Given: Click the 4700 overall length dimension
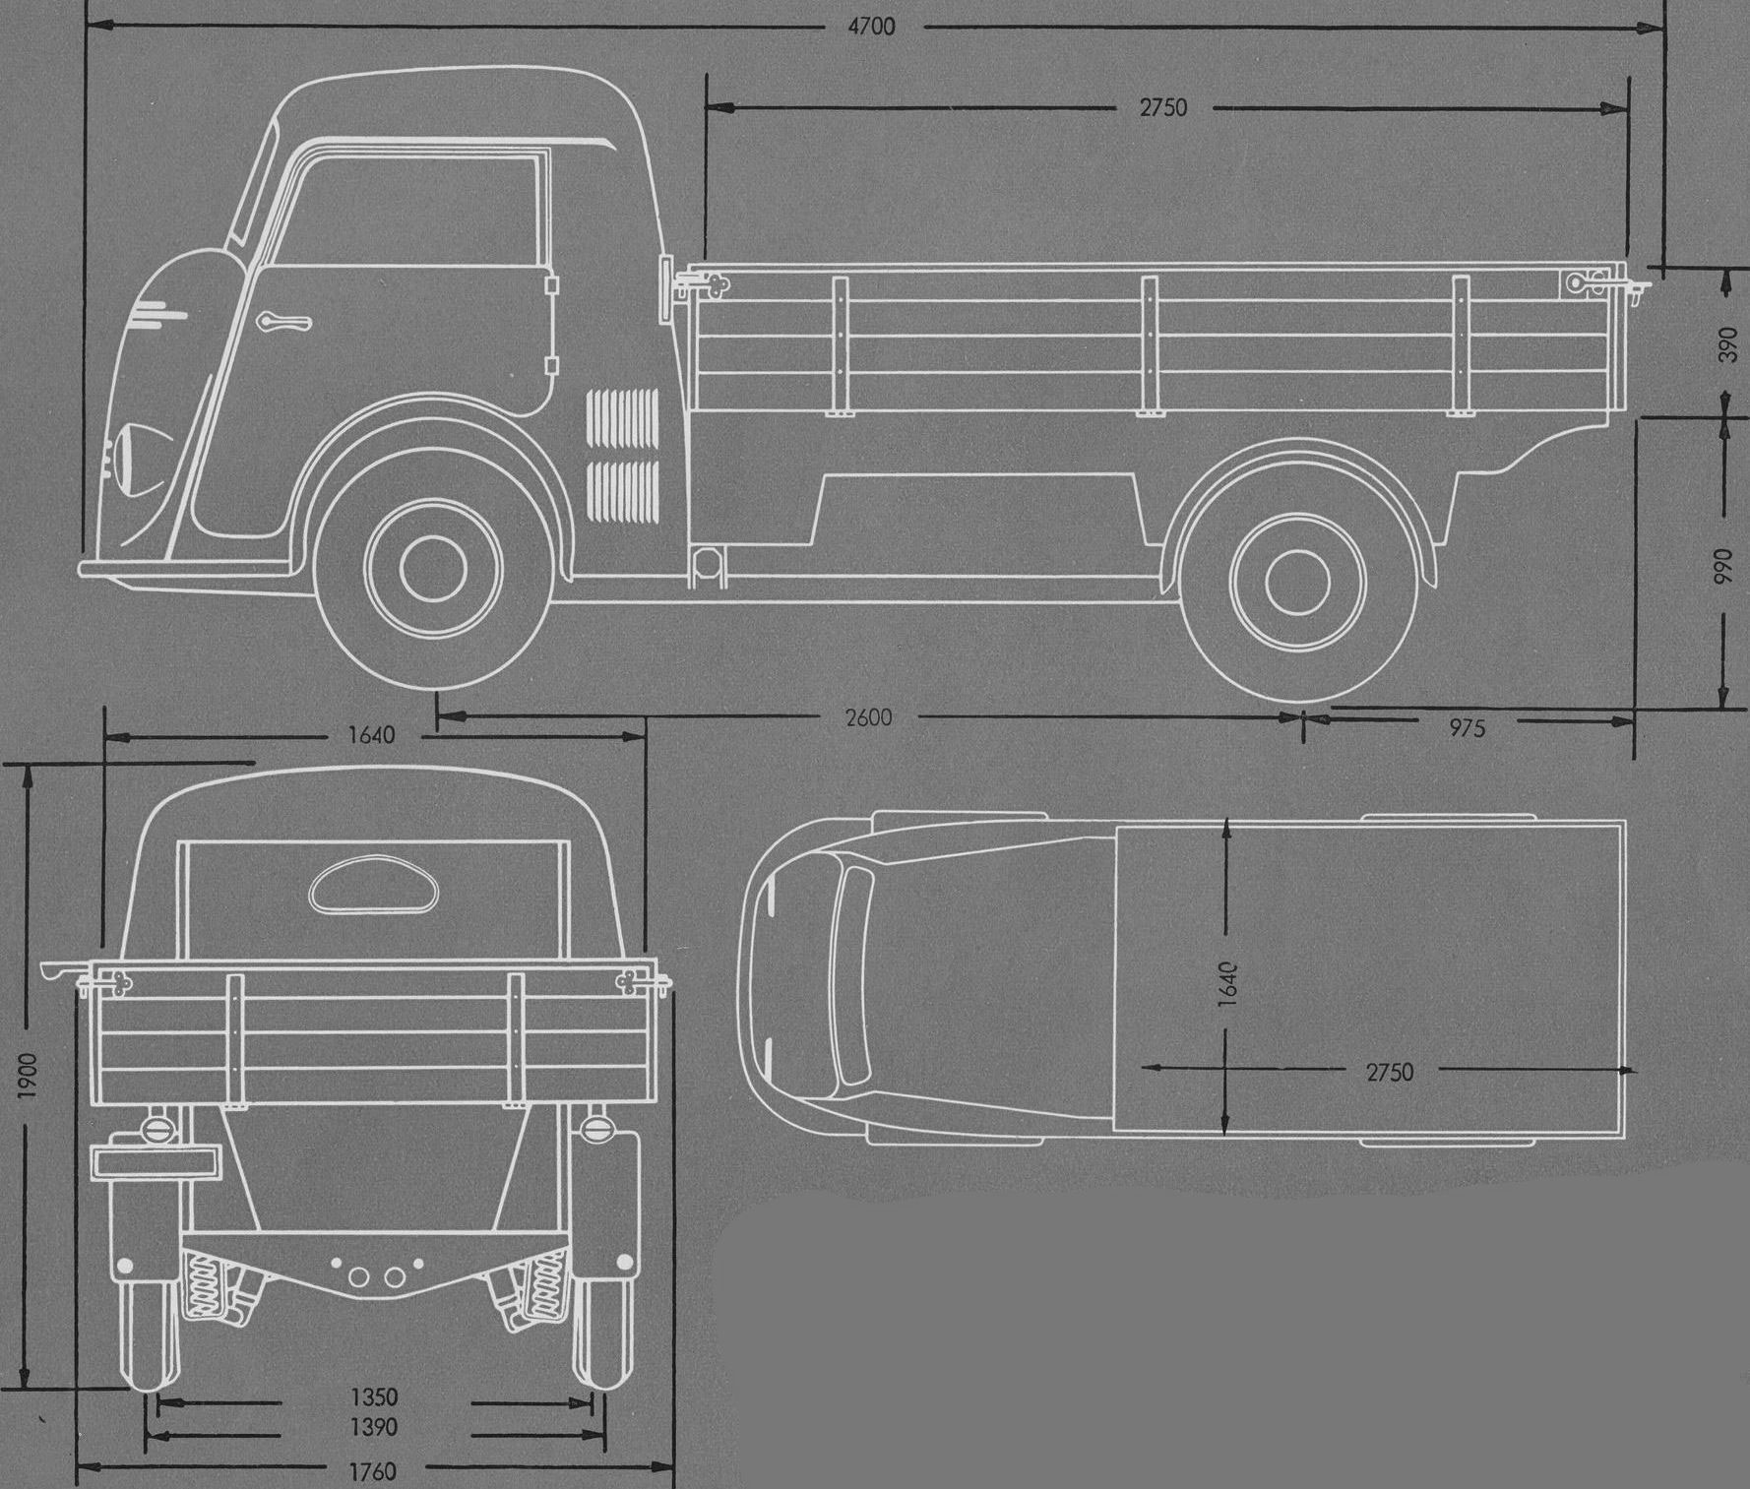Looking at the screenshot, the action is click(x=871, y=27).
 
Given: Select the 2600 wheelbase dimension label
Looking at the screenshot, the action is click(x=868, y=717).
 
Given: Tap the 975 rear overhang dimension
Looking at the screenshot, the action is click(x=1466, y=728).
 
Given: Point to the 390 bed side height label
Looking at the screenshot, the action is click(x=1727, y=343).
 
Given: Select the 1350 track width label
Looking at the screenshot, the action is click(x=374, y=1397).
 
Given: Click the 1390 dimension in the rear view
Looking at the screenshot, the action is click(x=374, y=1427).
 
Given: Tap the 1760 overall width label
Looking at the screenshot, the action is click(x=373, y=1471).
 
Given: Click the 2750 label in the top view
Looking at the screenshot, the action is click(x=1389, y=1072).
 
